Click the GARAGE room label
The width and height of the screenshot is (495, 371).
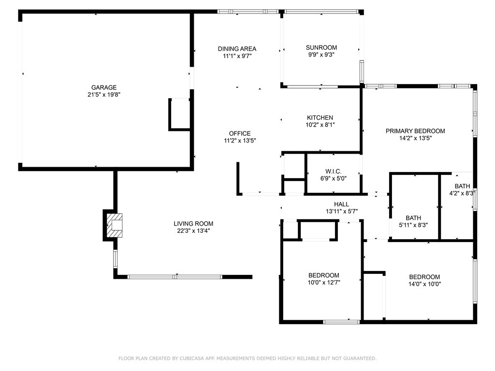(101, 87)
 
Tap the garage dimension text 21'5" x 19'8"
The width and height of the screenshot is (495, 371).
(101, 95)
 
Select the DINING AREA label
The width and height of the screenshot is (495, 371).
(237, 48)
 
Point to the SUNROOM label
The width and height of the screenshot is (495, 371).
(321, 47)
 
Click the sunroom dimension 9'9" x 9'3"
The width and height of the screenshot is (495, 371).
(321, 55)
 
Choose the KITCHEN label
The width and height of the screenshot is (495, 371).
(320, 117)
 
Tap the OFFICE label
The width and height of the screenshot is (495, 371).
(240, 133)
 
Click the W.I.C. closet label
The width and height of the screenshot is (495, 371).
(334, 171)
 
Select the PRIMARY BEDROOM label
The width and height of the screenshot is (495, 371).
(415, 131)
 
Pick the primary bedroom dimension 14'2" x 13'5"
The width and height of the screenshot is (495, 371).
(415, 138)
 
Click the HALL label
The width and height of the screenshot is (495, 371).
(341, 204)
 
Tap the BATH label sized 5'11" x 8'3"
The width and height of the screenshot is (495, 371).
(413, 218)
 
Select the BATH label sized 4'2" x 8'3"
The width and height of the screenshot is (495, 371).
(462, 186)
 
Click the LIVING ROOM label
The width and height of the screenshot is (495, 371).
(193, 224)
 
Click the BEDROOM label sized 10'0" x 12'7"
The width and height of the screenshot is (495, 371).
(324, 275)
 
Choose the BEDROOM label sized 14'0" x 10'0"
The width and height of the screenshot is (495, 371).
(424, 277)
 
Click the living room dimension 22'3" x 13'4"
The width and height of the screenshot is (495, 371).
(193, 231)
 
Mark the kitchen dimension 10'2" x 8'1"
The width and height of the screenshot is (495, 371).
(320, 125)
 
